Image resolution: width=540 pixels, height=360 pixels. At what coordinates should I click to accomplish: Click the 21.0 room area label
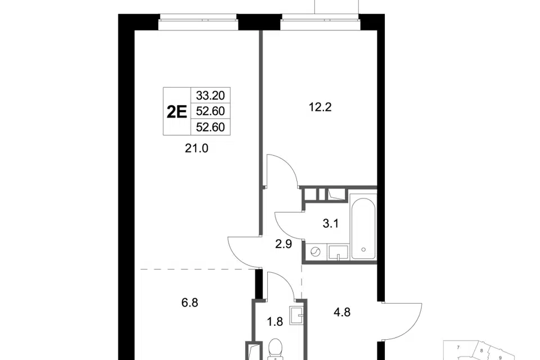click(197, 148)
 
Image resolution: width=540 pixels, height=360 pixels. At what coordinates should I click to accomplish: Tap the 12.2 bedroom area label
click(320, 107)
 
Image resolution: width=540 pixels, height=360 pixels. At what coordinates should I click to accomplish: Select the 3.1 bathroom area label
click(331, 223)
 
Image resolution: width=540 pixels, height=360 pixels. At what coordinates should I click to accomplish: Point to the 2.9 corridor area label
click(283, 244)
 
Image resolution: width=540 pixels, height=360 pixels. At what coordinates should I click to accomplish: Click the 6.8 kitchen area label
click(190, 303)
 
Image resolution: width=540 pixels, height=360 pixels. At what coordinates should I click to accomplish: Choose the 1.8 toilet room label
click(275, 321)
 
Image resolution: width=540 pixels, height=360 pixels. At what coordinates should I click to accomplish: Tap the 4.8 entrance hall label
click(342, 312)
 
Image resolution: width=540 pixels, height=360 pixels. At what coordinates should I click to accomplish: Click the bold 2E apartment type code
click(177, 111)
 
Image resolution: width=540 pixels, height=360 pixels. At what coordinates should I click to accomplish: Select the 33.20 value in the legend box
click(210, 95)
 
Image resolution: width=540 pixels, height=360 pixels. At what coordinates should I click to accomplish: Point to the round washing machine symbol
click(315, 252)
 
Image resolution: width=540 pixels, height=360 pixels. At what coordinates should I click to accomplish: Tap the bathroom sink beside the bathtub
click(338, 252)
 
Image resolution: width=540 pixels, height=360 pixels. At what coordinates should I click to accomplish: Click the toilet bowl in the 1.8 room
click(275, 350)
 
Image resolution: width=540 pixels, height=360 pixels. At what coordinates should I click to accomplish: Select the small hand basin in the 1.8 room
click(296, 315)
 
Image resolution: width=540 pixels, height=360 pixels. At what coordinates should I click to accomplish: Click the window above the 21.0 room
click(199, 21)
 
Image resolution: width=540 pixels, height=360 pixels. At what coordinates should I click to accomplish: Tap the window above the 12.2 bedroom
click(320, 21)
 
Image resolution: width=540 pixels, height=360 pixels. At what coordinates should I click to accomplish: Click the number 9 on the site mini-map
click(501, 358)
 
